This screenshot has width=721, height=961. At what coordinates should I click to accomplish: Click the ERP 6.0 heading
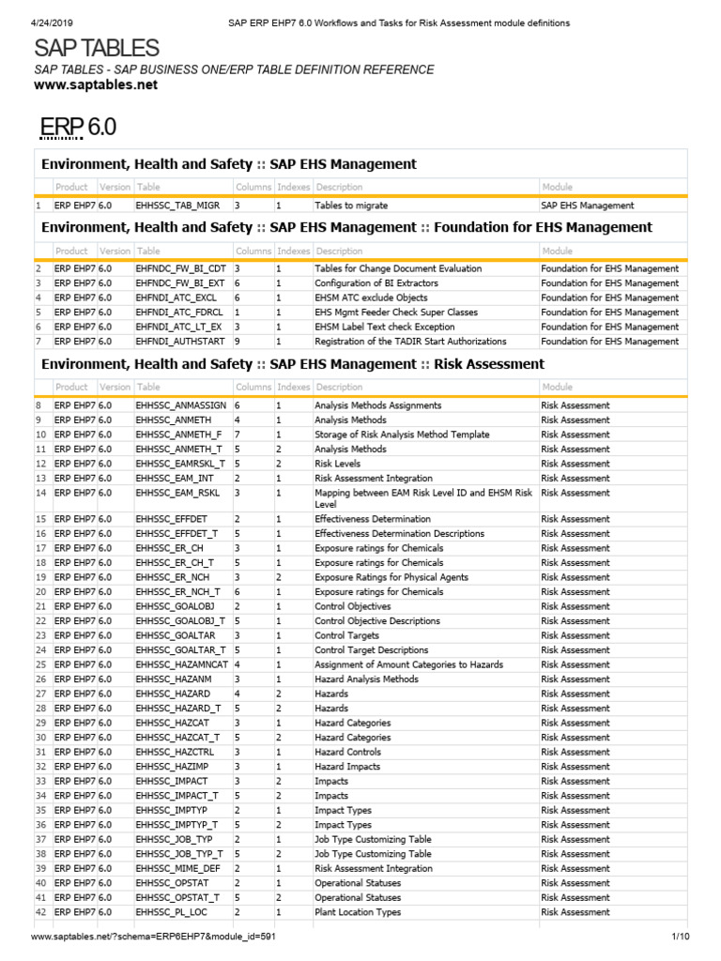(x=77, y=127)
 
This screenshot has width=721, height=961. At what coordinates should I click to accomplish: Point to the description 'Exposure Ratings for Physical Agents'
(x=391, y=577)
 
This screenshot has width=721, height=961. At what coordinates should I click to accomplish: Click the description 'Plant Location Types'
(x=358, y=912)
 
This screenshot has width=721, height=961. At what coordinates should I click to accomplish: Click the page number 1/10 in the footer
(x=681, y=937)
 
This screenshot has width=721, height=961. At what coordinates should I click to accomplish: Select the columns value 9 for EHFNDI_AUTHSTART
(x=238, y=342)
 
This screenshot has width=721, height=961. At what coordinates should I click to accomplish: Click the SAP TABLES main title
(x=97, y=49)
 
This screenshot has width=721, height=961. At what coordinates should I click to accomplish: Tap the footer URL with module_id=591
(x=154, y=937)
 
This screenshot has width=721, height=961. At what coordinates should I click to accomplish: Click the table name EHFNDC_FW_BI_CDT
(x=182, y=268)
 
